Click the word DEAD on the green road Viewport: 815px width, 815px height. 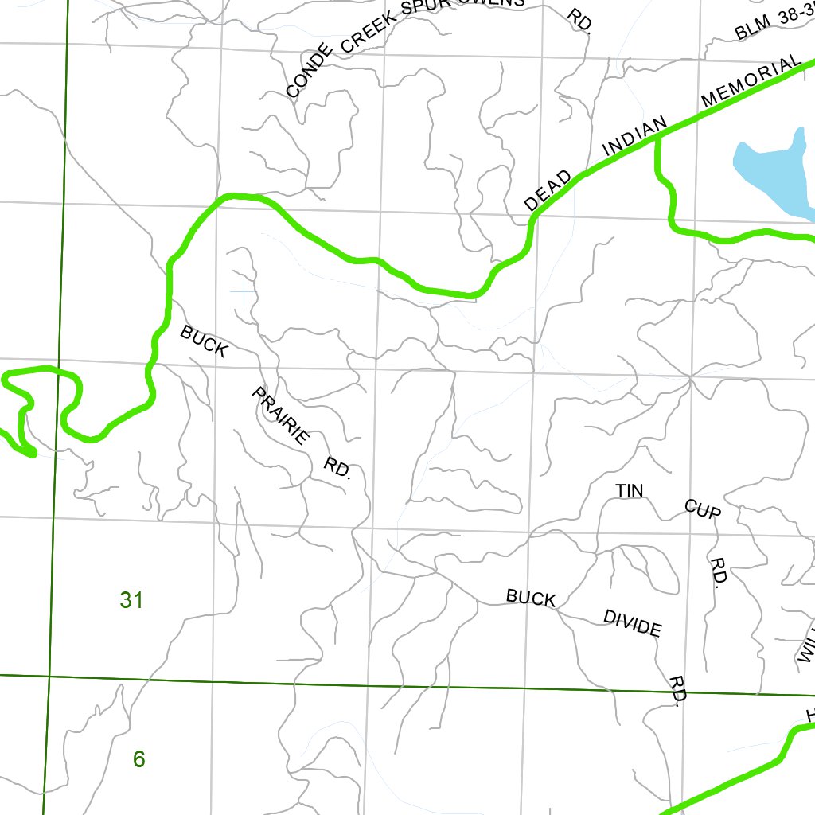pyautogui.click(x=548, y=191)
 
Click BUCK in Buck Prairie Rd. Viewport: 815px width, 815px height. pyautogui.click(x=205, y=341)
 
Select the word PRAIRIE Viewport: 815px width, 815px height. pyautogui.click(x=280, y=415)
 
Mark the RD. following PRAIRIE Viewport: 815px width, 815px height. pyautogui.click(x=338, y=467)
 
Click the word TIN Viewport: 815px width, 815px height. pyautogui.click(x=629, y=491)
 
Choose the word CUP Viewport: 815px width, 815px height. pyautogui.click(x=703, y=509)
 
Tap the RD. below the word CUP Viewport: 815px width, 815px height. pyautogui.click(x=717, y=572)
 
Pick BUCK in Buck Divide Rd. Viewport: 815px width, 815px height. pyautogui.click(x=531, y=598)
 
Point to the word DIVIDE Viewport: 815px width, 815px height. pyautogui.click(x=632, y=623)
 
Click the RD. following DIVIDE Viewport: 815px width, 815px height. pyautogui.click(x=678, y=689)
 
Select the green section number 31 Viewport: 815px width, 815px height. pyautogui.click(x=131, y=599)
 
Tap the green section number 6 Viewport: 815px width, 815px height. pyautogui.click(x=139, y=759)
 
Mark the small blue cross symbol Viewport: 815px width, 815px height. pyautogui.click(x=242, y=291)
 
